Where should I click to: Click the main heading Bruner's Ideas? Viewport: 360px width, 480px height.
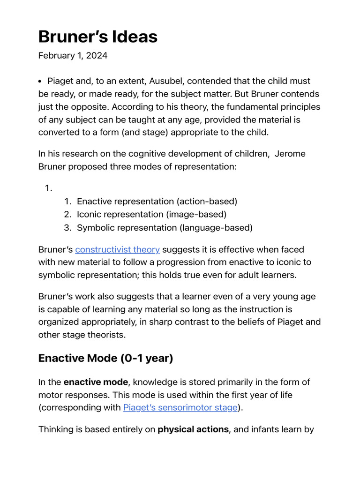click(x=97, y=36)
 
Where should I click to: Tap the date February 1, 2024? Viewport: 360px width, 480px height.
click(x=73, y=56)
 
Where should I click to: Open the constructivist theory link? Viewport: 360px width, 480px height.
click(x=117, y=249)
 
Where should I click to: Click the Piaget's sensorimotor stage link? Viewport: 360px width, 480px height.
click(x=180, y=407)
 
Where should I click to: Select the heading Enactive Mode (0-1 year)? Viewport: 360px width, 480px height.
click(x=105, y=358)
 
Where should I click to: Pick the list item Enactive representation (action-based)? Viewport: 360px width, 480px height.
click(x=157, y=202)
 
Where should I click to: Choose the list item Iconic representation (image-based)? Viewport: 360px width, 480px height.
click(x=151, y=215)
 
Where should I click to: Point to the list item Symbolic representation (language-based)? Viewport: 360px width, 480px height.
click(x=165, y=228)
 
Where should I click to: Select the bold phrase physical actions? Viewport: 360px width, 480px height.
click(x=193, y=429)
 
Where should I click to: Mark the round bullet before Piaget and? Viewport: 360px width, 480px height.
click(x=40, y=82)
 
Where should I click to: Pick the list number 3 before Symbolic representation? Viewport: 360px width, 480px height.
click(x=67, y=228)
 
